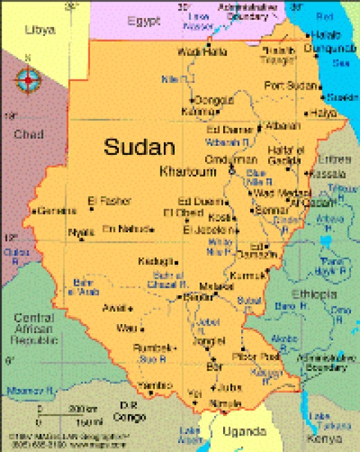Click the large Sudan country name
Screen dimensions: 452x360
point(139,147)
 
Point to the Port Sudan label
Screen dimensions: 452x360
point(290,86)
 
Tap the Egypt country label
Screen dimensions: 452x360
point(144,22)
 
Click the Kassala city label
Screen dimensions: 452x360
point(328,173)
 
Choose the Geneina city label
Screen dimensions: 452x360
point(56,210)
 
